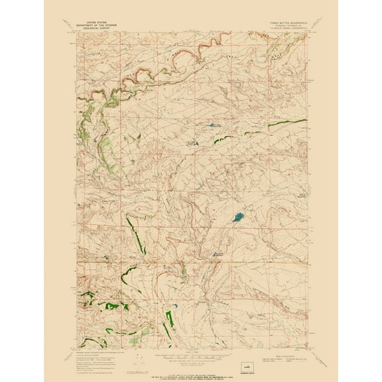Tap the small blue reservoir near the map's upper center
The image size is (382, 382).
(x=214, y=124)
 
